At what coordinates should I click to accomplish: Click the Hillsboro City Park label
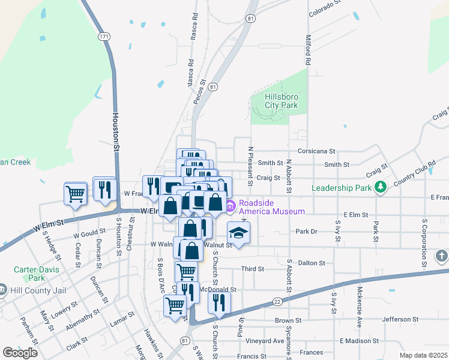tap(282, 101)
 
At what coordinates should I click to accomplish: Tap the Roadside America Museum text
tap(271, 207)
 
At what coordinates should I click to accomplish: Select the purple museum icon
tap(230, 207)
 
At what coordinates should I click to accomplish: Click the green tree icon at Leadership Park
tap(379, 188)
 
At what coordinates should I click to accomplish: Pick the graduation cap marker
tap(238, 233)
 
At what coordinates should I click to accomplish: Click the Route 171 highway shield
tap(104, 37)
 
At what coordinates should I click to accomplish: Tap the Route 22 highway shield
tap(277, 301)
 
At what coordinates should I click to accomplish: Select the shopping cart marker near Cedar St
tap(76, 193)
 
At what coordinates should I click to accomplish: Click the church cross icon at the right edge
tap(441, 256)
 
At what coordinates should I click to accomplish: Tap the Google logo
tap(20, 352)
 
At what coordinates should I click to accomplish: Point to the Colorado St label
tap(325, 8)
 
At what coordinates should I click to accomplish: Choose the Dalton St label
tap(312, 263)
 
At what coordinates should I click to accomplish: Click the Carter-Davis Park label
tap(28, 274)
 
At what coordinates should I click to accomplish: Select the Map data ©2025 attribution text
tap(423, 355)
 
